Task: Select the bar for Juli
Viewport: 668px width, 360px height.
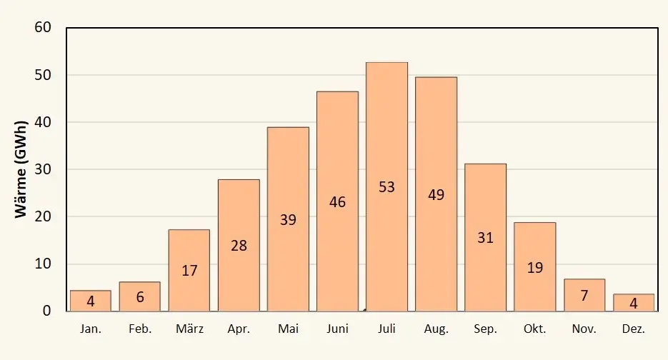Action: (387, 186)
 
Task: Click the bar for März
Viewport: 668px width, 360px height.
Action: (189, 271)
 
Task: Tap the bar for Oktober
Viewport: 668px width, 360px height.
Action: (534, 266)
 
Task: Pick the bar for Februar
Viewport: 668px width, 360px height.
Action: (140, 296)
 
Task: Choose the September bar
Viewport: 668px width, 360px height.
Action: (485, 237)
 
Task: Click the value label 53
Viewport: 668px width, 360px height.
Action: (387, 187)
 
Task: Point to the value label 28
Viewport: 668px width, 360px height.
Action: (239, 246)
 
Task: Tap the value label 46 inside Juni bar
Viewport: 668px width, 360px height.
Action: (337, 202)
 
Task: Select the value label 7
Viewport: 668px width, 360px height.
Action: (584, 295)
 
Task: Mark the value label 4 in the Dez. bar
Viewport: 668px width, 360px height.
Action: (634, 304)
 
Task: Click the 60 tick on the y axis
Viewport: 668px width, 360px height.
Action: (43, 27)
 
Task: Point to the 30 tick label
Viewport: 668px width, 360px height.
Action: (43, 169)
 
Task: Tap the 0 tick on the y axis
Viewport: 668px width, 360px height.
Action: (47, 311)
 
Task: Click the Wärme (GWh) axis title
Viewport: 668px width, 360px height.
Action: (21, 169)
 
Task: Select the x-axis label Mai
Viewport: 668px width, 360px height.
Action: (288, 329)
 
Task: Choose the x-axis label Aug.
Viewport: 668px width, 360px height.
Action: (437, 329)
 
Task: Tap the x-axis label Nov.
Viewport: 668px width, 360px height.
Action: (584, 329)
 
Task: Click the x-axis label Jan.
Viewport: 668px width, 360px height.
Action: (91, 329)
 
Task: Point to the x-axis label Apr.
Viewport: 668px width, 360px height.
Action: (239, 329)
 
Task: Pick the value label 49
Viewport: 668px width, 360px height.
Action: (437, 195)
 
